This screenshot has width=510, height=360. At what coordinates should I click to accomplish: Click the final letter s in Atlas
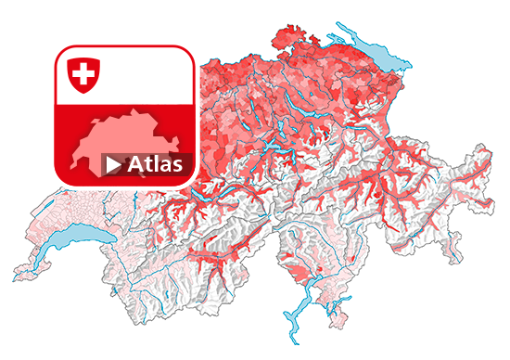(185, 166)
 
